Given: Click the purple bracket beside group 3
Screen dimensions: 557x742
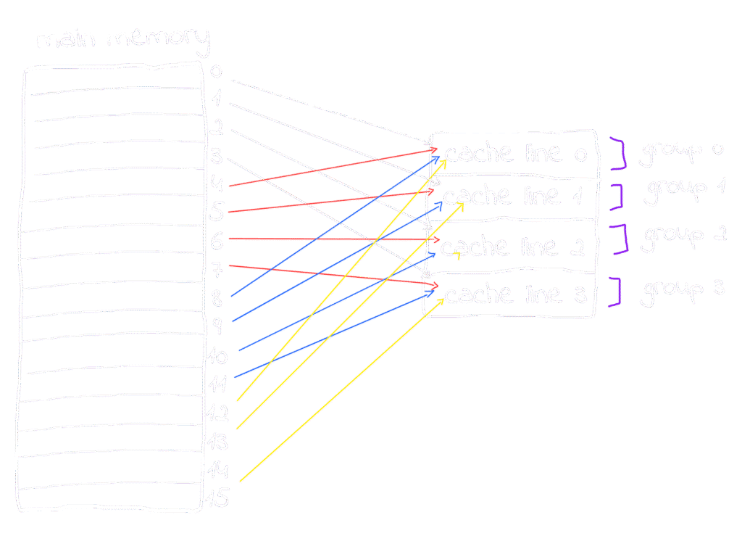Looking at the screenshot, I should pos(615,292).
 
